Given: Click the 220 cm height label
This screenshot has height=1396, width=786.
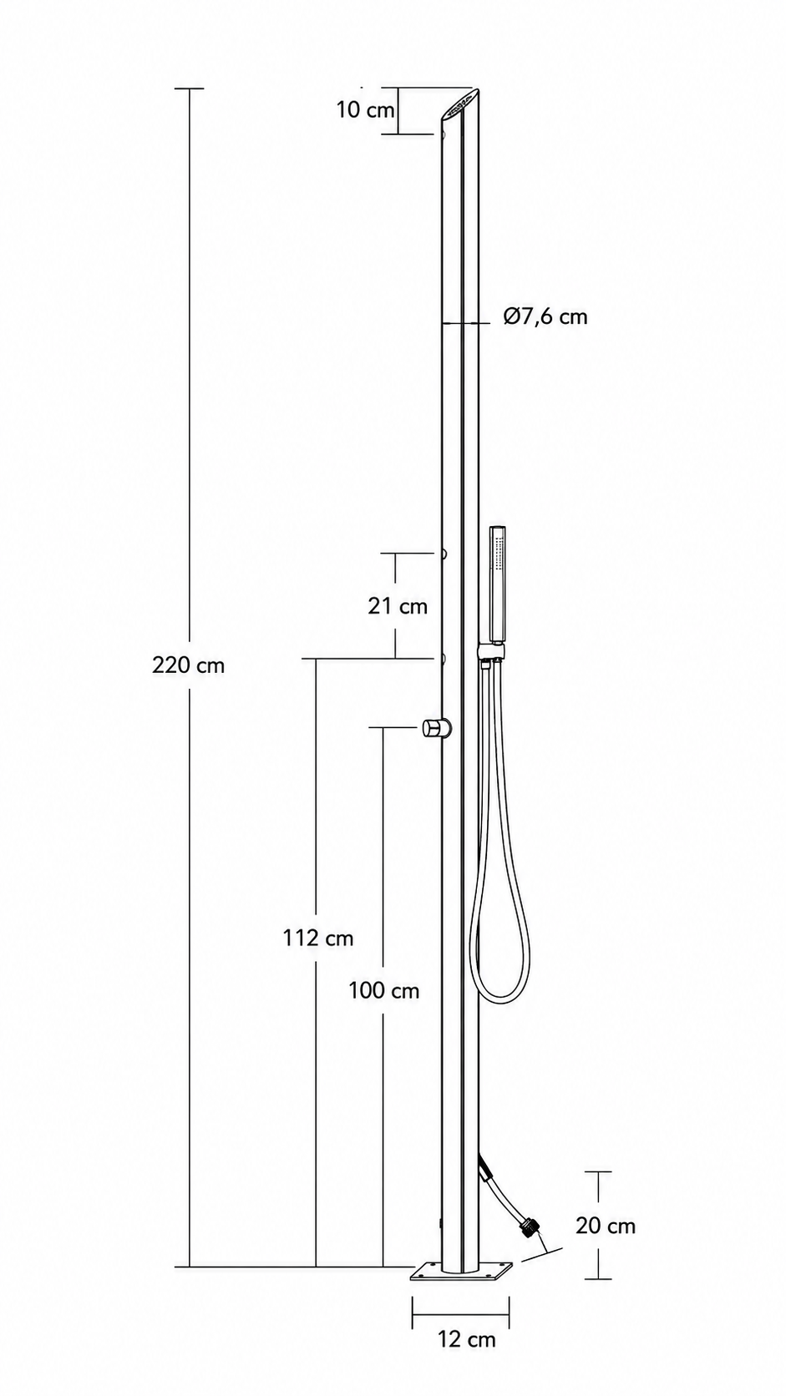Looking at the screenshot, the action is [x=188, y=665].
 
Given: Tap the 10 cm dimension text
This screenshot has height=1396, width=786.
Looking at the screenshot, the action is [x=366, y=110].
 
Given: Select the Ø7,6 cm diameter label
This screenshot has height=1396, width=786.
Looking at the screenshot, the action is [x=545, y=316].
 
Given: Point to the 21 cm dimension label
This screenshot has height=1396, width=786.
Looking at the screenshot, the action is [x=398, y=606].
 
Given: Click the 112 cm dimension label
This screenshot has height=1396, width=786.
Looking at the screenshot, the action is [x=318, y=938].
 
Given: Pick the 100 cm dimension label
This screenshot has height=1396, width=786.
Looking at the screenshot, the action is [x=384, y=990].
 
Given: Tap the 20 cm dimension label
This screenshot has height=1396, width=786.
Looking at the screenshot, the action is [x=606, y=1226].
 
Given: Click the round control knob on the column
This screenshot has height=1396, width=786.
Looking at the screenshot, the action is [x=436, y=727].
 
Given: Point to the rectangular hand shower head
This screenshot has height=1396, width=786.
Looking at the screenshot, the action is [x=497, y=584].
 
